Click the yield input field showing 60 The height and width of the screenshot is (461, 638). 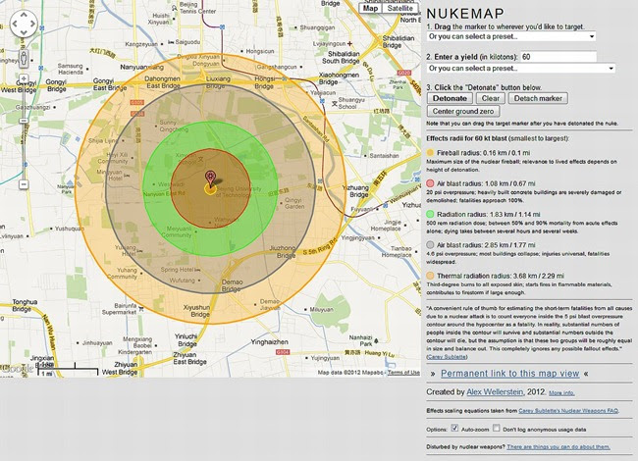(558, 57)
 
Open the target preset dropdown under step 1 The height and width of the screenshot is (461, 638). (511, 36)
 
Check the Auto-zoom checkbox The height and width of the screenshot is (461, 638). (454, 429)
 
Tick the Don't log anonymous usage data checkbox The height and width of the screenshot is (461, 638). (497, 429)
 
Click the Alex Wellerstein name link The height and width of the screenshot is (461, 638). (504, 391)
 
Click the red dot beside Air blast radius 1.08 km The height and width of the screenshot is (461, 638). (432, 182)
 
